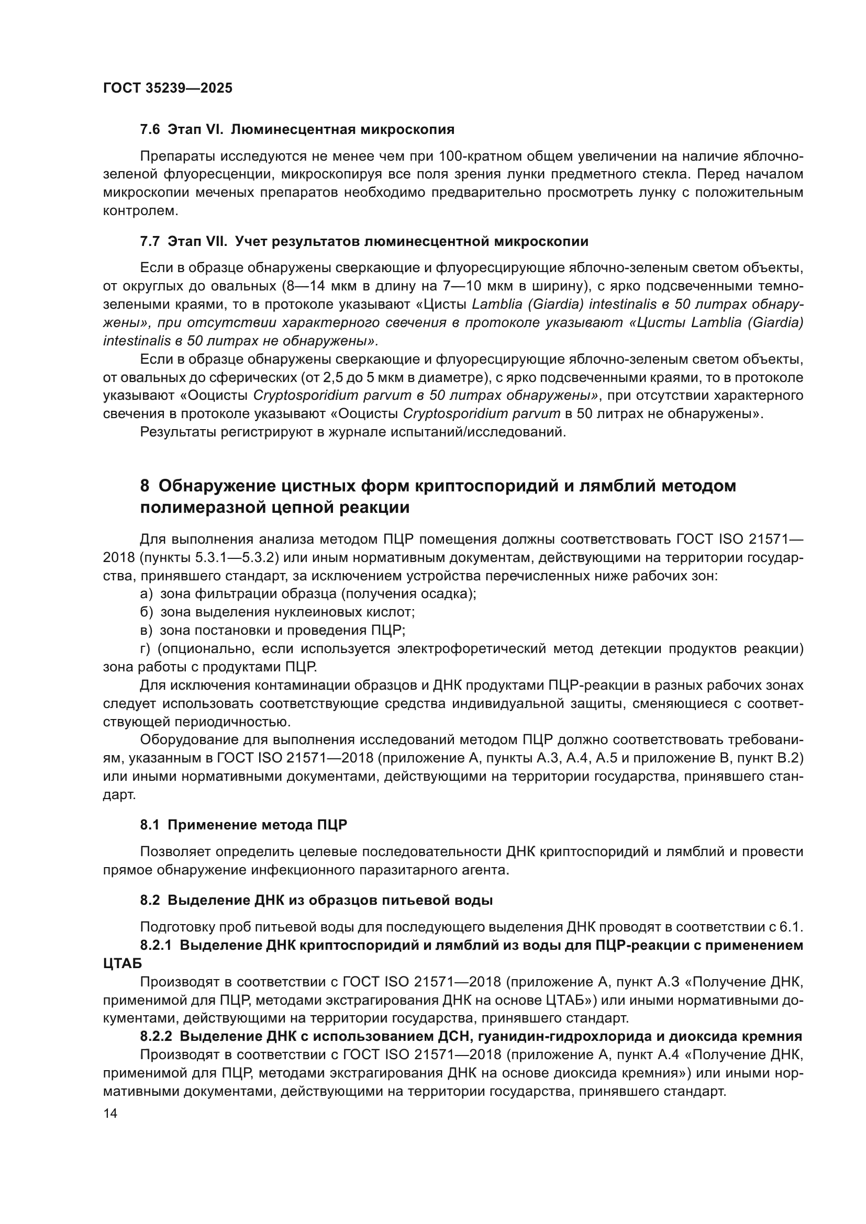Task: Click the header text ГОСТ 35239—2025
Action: coord(168,88)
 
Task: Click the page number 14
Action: coord(110,1114)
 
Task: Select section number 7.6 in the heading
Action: coord(150,130)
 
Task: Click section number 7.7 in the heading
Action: coord(150,241)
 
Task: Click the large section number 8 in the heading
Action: coord(145,486)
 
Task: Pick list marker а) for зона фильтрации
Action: coord(146,594)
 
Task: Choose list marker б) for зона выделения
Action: coord(146,613)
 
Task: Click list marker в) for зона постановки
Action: coord(146,631)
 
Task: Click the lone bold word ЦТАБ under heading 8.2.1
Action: coord(123,964)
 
